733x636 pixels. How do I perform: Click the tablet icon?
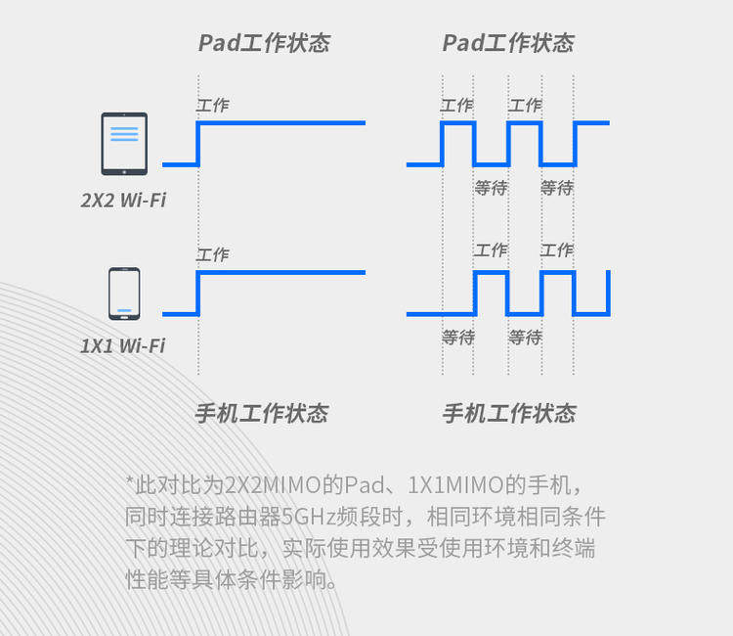pos(124,144)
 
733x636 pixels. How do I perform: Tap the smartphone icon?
pos(124,294)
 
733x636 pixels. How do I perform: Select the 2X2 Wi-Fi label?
pos(123,201)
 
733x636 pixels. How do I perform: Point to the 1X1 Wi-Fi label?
pos(123,345)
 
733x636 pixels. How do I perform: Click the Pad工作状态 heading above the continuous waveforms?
pos(264,43)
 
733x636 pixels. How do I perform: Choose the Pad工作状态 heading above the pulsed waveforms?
pos(508,43)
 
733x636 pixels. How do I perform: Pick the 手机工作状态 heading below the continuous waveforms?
pos(262,413)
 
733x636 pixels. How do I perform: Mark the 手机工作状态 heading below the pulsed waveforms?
pos(509,413)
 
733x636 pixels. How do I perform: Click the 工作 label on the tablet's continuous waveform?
pos(213,106)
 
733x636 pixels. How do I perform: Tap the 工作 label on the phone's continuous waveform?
pos(213,255)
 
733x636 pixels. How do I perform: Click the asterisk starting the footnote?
pos(130,482)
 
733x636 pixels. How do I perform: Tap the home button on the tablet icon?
pos(124,169)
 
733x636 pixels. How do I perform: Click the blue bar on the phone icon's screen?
pos(124,310)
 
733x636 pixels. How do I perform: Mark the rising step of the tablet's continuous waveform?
pos(198,144)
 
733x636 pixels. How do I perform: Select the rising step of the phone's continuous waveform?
pos(198,294)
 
